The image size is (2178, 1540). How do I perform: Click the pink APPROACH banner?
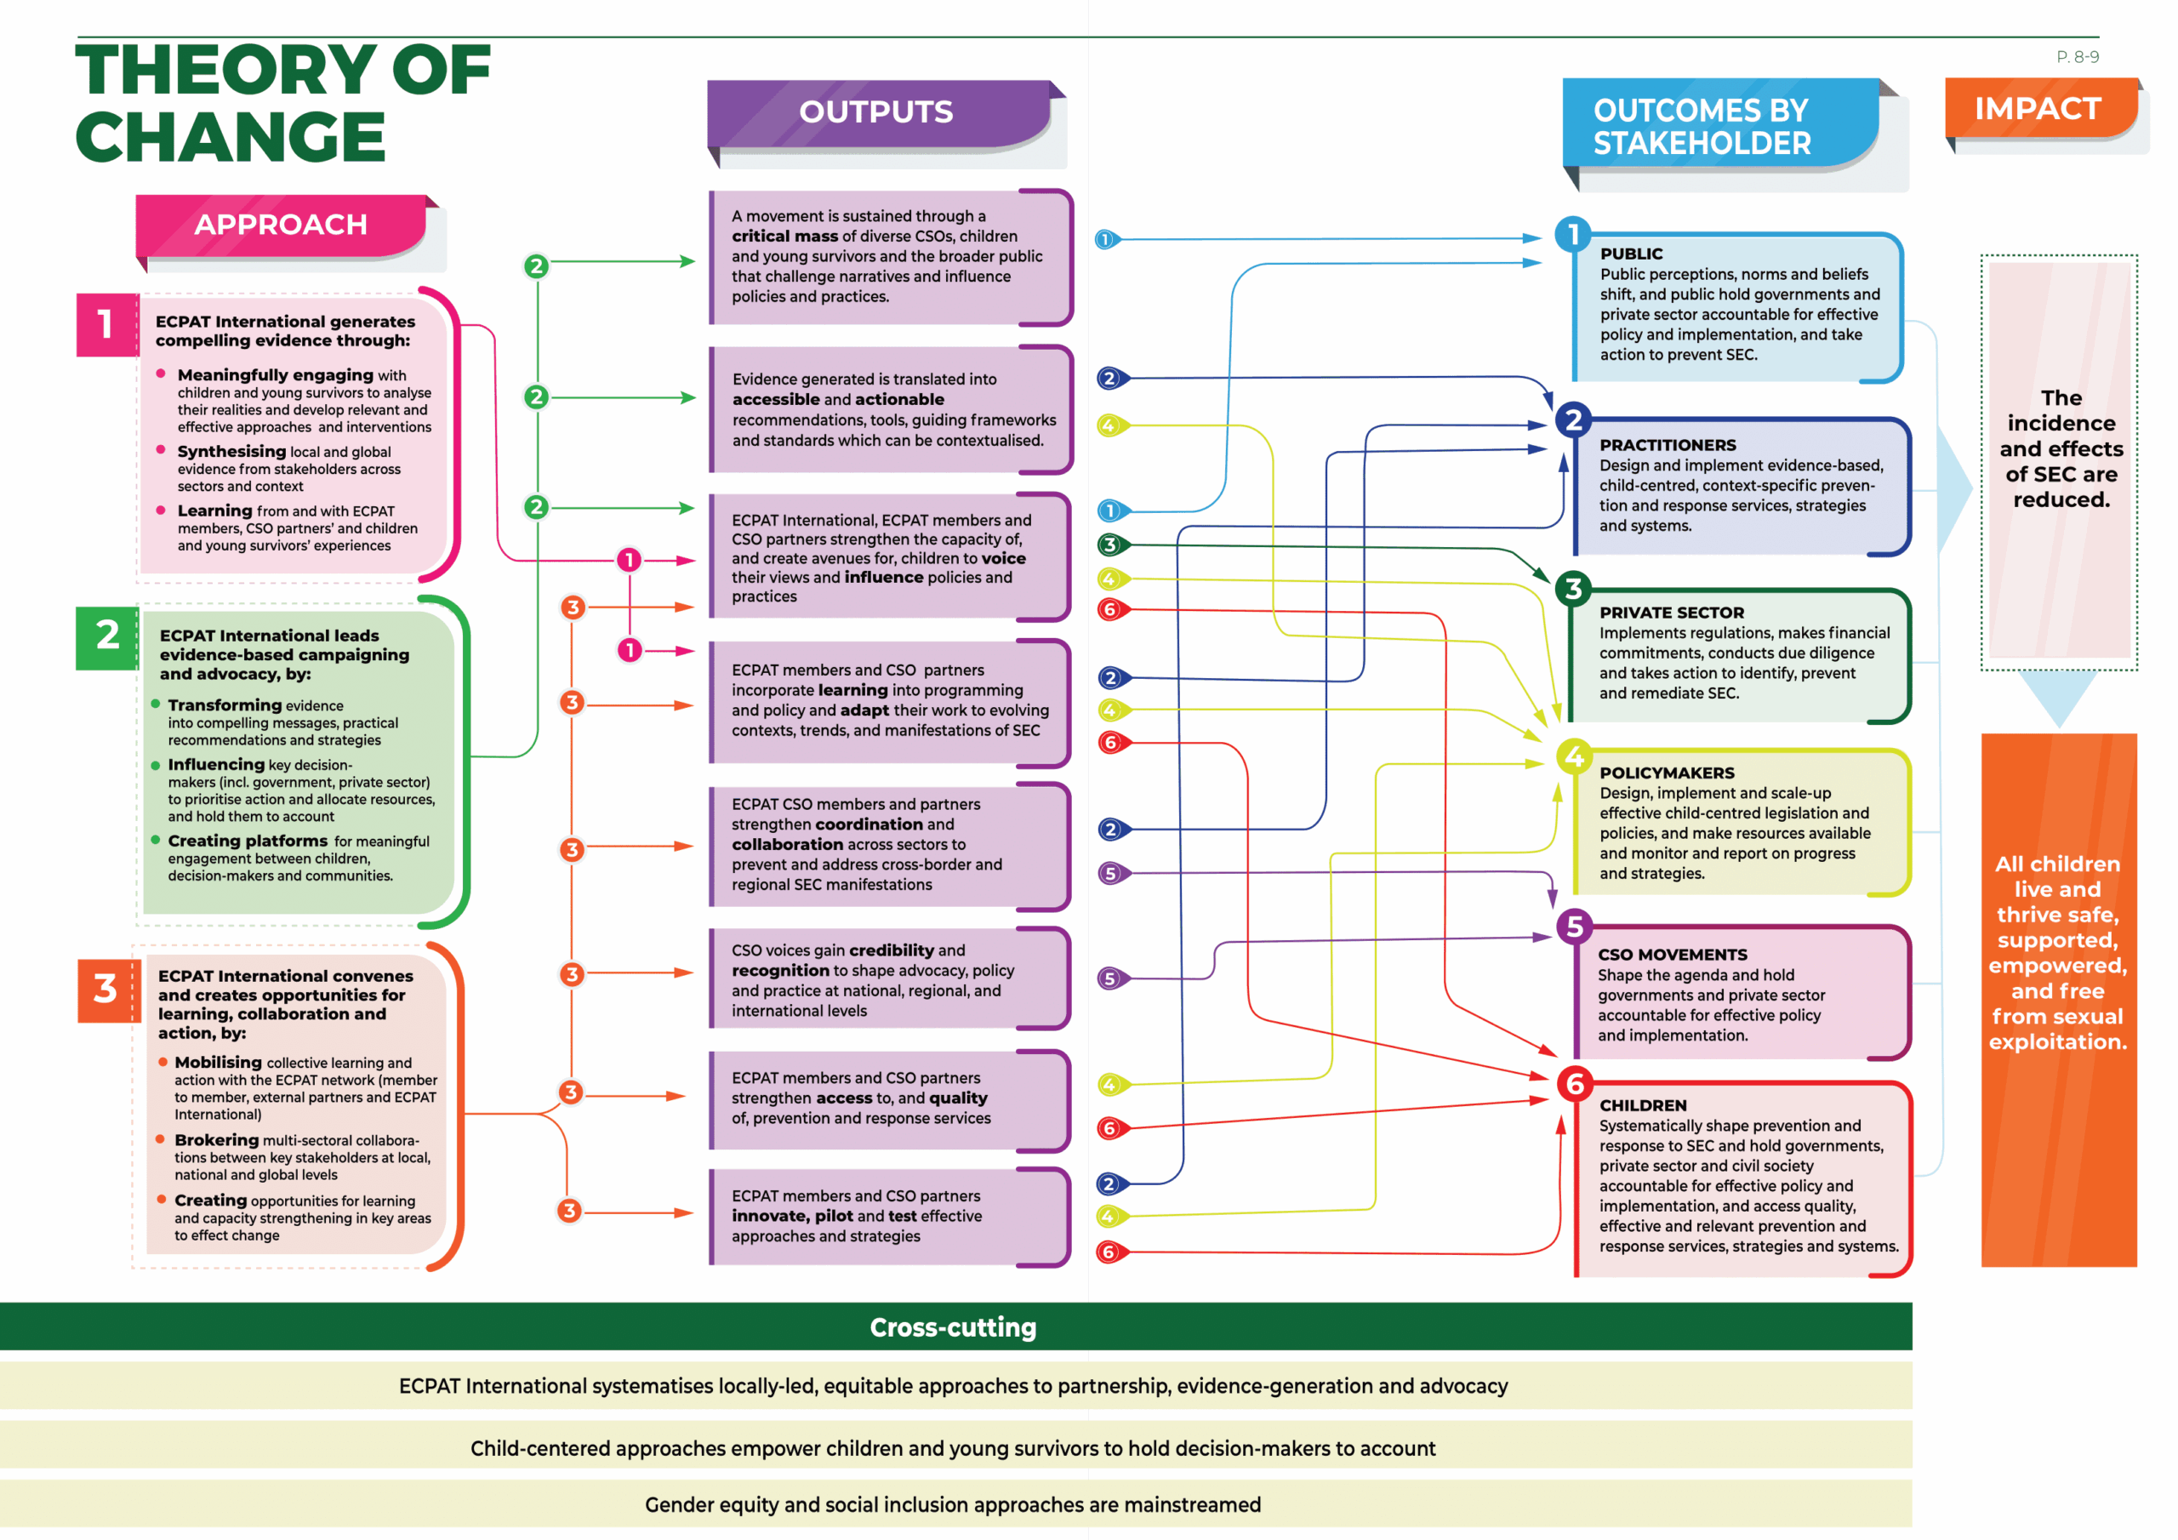tap(281, 225)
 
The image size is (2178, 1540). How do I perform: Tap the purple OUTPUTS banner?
tap(875, 112)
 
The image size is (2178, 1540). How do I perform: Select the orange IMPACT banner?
tap(2038, 109)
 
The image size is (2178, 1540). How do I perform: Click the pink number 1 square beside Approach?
tap(106, 324)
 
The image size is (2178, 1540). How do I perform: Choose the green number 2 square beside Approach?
tap(107, 635)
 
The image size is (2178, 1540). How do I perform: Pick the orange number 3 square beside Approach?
tap(106, 989)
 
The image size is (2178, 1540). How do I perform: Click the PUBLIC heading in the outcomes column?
tap(1631, 254)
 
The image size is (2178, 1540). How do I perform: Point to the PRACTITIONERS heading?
tap(1667, 445)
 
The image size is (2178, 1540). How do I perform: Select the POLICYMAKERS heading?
tap(1666, 773)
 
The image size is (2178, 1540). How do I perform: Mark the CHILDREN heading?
tap(1642, 1105)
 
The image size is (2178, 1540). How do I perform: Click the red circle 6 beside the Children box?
tap(1575, 1084)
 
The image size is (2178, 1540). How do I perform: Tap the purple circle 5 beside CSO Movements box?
tap(1575, 926)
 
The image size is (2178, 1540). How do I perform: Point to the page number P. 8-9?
tap(2077, 57)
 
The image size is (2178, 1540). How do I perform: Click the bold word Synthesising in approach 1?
tap(231, 452)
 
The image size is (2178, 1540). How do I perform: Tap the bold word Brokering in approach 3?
tap(216, 1140)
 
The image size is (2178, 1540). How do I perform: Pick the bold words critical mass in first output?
tap(784, 237)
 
